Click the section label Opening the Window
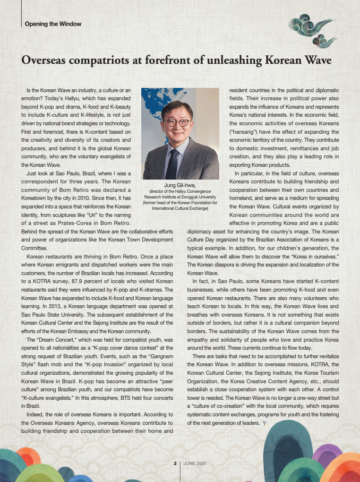pos(53,24)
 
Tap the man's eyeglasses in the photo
pos(177,123)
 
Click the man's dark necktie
pos(172,163)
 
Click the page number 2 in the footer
pos(175,464)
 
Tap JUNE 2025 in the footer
pos(195,464)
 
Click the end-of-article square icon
pos(265,423)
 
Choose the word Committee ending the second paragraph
pos(34,248)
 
